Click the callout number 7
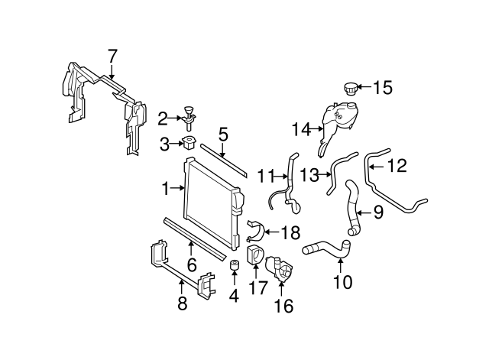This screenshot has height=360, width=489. click(x=112, y=56)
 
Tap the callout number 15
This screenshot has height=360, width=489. click(x=383, y=88)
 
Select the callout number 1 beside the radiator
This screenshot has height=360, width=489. click(x=166, y=187)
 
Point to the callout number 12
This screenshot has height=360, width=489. click(x=397, y=164)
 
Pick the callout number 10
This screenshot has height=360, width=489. click(x=343, y=282)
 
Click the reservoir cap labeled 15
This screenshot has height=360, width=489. click(x=351, y=89)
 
